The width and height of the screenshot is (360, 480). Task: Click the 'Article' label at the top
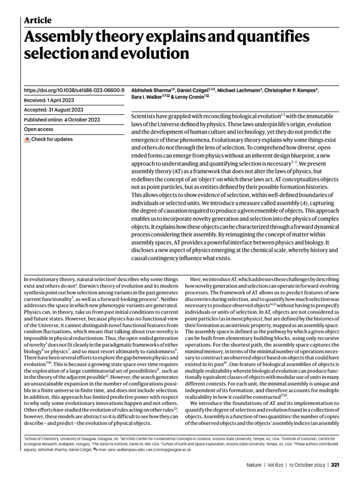coord(37,20)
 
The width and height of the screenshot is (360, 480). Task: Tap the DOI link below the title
coord(74,90)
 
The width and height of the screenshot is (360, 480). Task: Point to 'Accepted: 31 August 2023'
coord(53,110)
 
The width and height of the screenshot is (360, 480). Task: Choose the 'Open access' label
coord(38,129)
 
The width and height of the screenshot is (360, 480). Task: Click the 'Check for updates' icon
coord(28,140)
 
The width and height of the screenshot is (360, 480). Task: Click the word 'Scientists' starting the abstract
coord(147,115)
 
